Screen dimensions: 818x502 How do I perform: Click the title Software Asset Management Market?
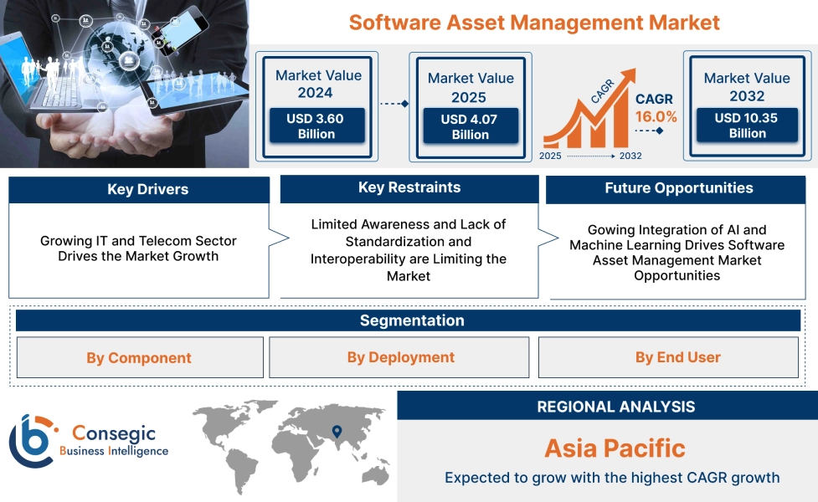(534, 23)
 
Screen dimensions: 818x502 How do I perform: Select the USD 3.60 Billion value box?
(316, 125)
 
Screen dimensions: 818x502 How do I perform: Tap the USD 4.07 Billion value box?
(471, 126)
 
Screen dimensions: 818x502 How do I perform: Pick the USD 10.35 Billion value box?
(747, 125)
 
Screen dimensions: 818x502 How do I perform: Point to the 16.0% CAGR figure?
(656, 117)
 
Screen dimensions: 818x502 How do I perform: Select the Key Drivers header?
(139, 189)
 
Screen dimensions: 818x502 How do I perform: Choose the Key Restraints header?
(409, 187)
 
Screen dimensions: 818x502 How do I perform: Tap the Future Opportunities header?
(677, 189)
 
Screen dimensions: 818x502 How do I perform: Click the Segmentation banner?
(408, 320)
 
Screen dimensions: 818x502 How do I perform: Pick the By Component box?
(140, 357)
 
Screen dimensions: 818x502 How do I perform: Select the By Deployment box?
(399, 357)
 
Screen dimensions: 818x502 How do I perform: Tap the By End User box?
(668, 357)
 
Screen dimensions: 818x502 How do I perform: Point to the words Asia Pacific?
(615, 448)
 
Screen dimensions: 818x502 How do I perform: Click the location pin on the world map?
(337, 431)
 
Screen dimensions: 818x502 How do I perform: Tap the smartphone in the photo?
(180, 31)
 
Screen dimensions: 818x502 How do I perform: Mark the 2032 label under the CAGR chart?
(630, 156)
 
